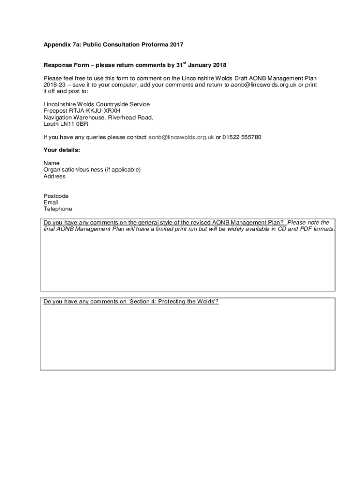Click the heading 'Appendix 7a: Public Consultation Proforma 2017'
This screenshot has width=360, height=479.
point(113,45)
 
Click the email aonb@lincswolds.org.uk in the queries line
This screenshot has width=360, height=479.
point(181,138)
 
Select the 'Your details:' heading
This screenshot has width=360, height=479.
point(62,150)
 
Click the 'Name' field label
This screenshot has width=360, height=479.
point(51,163)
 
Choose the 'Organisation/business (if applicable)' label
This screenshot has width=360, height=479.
point(92,170)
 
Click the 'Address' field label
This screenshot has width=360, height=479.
point(55,176)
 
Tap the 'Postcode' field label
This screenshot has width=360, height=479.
point(56,196)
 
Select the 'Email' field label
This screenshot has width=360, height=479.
point(51,203)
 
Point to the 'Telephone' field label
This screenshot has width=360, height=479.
point(58,209)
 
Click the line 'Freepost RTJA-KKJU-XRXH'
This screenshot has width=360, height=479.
point(79,111)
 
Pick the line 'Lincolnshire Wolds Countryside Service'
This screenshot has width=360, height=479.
point(97,104)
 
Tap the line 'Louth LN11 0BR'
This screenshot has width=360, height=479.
point(66,124)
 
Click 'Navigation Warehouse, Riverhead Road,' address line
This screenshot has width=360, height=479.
point(98,117)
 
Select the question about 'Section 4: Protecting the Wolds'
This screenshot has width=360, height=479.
point(131,302)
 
